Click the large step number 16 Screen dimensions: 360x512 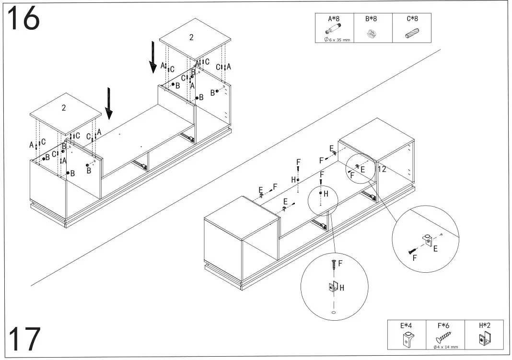pos(23,19)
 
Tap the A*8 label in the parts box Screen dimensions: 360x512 pos(334,19)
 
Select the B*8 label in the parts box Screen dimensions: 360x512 pos(371,19)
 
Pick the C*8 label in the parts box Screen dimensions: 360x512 pos(412,19)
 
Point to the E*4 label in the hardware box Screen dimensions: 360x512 pos(406,325)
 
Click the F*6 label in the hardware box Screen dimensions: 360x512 pos(444,325)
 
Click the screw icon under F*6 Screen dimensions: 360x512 pos(443,337)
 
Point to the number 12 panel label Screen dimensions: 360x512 pos(382,169)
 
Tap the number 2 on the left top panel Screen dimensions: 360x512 pos(64,108)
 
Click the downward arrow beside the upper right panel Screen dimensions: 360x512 pos(152,57)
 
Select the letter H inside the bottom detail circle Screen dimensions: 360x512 pos(342,288)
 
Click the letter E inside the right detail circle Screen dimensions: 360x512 pos(435,249)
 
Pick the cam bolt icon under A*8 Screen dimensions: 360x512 pos(333,30)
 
